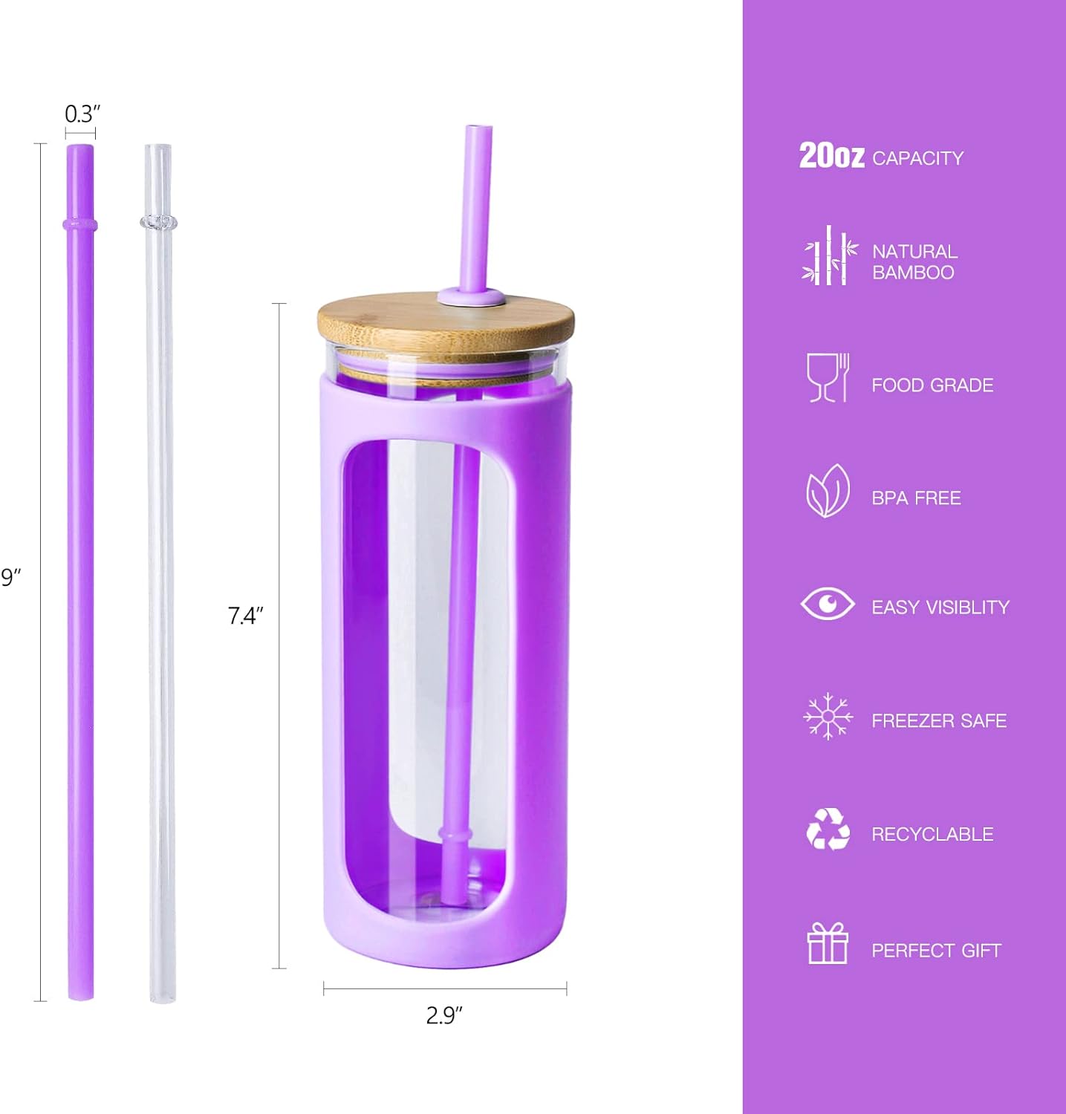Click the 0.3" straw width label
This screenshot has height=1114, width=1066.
(82, 114)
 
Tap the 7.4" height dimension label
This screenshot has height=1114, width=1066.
(245, 616)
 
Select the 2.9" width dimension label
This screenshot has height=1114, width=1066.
(444, 1014)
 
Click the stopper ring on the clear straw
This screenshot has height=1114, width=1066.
(158, 221)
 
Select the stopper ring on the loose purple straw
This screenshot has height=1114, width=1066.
(80, 224)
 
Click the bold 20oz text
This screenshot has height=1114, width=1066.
(831, 156)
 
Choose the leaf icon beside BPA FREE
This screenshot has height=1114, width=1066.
(828, 491)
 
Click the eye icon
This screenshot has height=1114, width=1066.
(827, 603)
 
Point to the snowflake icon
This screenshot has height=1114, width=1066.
(828, 717)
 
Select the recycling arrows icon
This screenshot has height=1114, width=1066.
(828, 829)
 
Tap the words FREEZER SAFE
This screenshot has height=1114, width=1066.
(939, 720)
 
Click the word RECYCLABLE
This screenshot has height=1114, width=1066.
(932, 834)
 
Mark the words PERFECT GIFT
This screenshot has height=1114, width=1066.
(936, 951)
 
